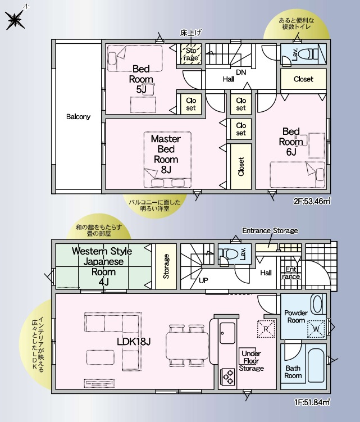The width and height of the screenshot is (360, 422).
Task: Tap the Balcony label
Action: click(78, 116)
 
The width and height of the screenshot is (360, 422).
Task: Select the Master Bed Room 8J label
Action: click(166, 154)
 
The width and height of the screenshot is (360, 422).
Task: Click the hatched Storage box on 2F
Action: click(191, 54)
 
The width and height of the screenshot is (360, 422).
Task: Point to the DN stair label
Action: click(241, 72)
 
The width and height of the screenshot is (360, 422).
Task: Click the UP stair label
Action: click(203, 280)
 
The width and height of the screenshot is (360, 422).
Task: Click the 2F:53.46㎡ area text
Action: click(312, 201)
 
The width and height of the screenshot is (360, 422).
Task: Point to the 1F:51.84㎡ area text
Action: click(312, 402)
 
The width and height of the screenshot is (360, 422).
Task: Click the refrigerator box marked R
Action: click(266, 329)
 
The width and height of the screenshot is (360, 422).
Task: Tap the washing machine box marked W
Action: click(316, 329)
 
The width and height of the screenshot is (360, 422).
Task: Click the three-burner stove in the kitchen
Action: click(228, 377)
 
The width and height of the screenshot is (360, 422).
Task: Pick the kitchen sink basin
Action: click(227, 333)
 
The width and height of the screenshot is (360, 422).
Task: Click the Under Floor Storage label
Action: click(251, 361)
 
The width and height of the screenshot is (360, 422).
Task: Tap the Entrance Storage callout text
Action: click(270, 230)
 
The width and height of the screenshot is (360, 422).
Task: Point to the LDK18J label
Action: click(134, 342)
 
